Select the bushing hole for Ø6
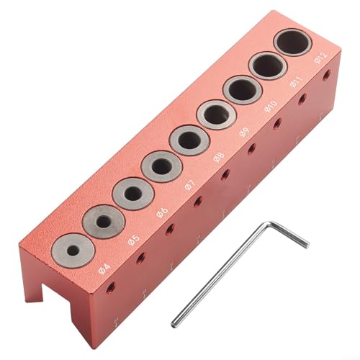click(x=132, y=194)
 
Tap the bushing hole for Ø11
click(x=267, y=66)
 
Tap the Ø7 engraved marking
click(x=189, y=184)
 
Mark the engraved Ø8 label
click(x=219, y=156)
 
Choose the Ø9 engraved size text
click(x=245, y=131)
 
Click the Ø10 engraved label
click(x=271, y=106)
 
